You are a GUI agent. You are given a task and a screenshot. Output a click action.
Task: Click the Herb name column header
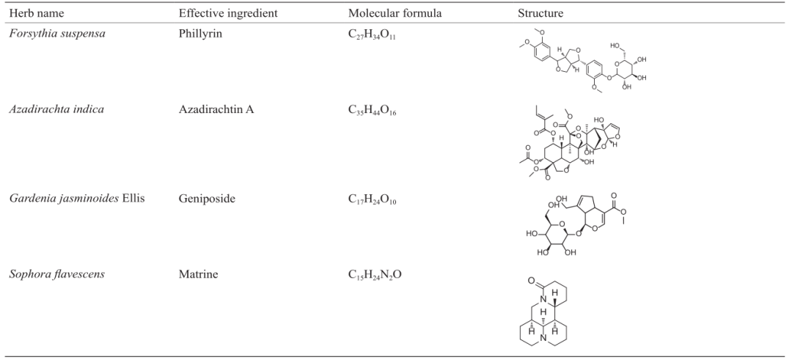tap(37, 14)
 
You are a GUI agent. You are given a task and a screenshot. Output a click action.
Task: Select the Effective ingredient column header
tap(228, 14)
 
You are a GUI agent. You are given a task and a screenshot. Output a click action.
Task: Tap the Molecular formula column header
tap(395, 14)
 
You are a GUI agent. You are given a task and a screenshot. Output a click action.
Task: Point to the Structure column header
tap(540, 14)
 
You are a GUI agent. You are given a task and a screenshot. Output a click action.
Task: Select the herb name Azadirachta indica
tap(56, 109)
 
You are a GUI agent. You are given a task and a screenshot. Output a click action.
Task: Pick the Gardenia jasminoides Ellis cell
tap(77, 199)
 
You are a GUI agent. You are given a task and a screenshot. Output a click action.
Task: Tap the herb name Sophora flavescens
tap(57, 274)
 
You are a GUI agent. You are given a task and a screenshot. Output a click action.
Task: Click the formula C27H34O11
tap(373, 35)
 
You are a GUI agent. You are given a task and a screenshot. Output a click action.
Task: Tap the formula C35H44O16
tap(373, 110)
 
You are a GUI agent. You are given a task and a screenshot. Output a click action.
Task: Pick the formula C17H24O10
tap(373, 199)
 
